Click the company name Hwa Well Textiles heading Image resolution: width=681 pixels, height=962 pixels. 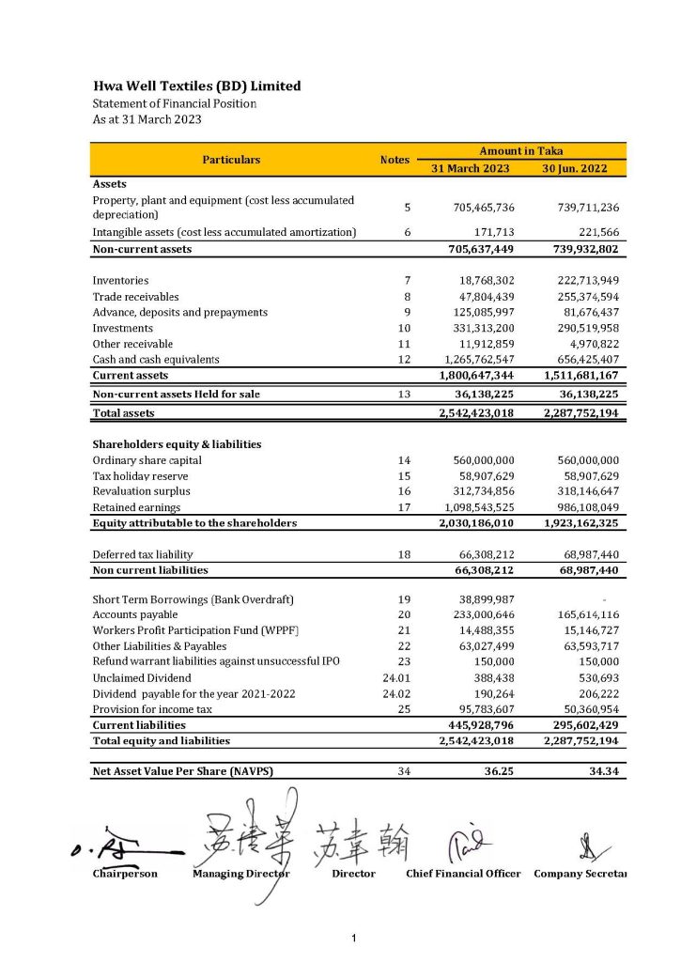[x=196, y=85]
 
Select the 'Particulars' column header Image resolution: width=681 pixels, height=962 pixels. [x=231, y=160]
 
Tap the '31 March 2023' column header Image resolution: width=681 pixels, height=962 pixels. [x=470, y=168]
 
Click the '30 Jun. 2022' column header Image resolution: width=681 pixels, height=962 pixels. [x=574, y=168]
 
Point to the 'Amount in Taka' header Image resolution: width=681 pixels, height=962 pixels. [x=521, y=150]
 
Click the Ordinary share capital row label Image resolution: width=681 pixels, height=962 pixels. [x=147, y=460]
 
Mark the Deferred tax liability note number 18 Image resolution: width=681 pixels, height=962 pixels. [x=404, y=554]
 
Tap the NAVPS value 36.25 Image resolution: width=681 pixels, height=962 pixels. [x=498, y=771]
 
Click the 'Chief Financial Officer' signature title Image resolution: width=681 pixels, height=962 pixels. [x=463, y=874]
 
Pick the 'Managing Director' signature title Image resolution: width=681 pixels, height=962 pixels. [x=241, y=874]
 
